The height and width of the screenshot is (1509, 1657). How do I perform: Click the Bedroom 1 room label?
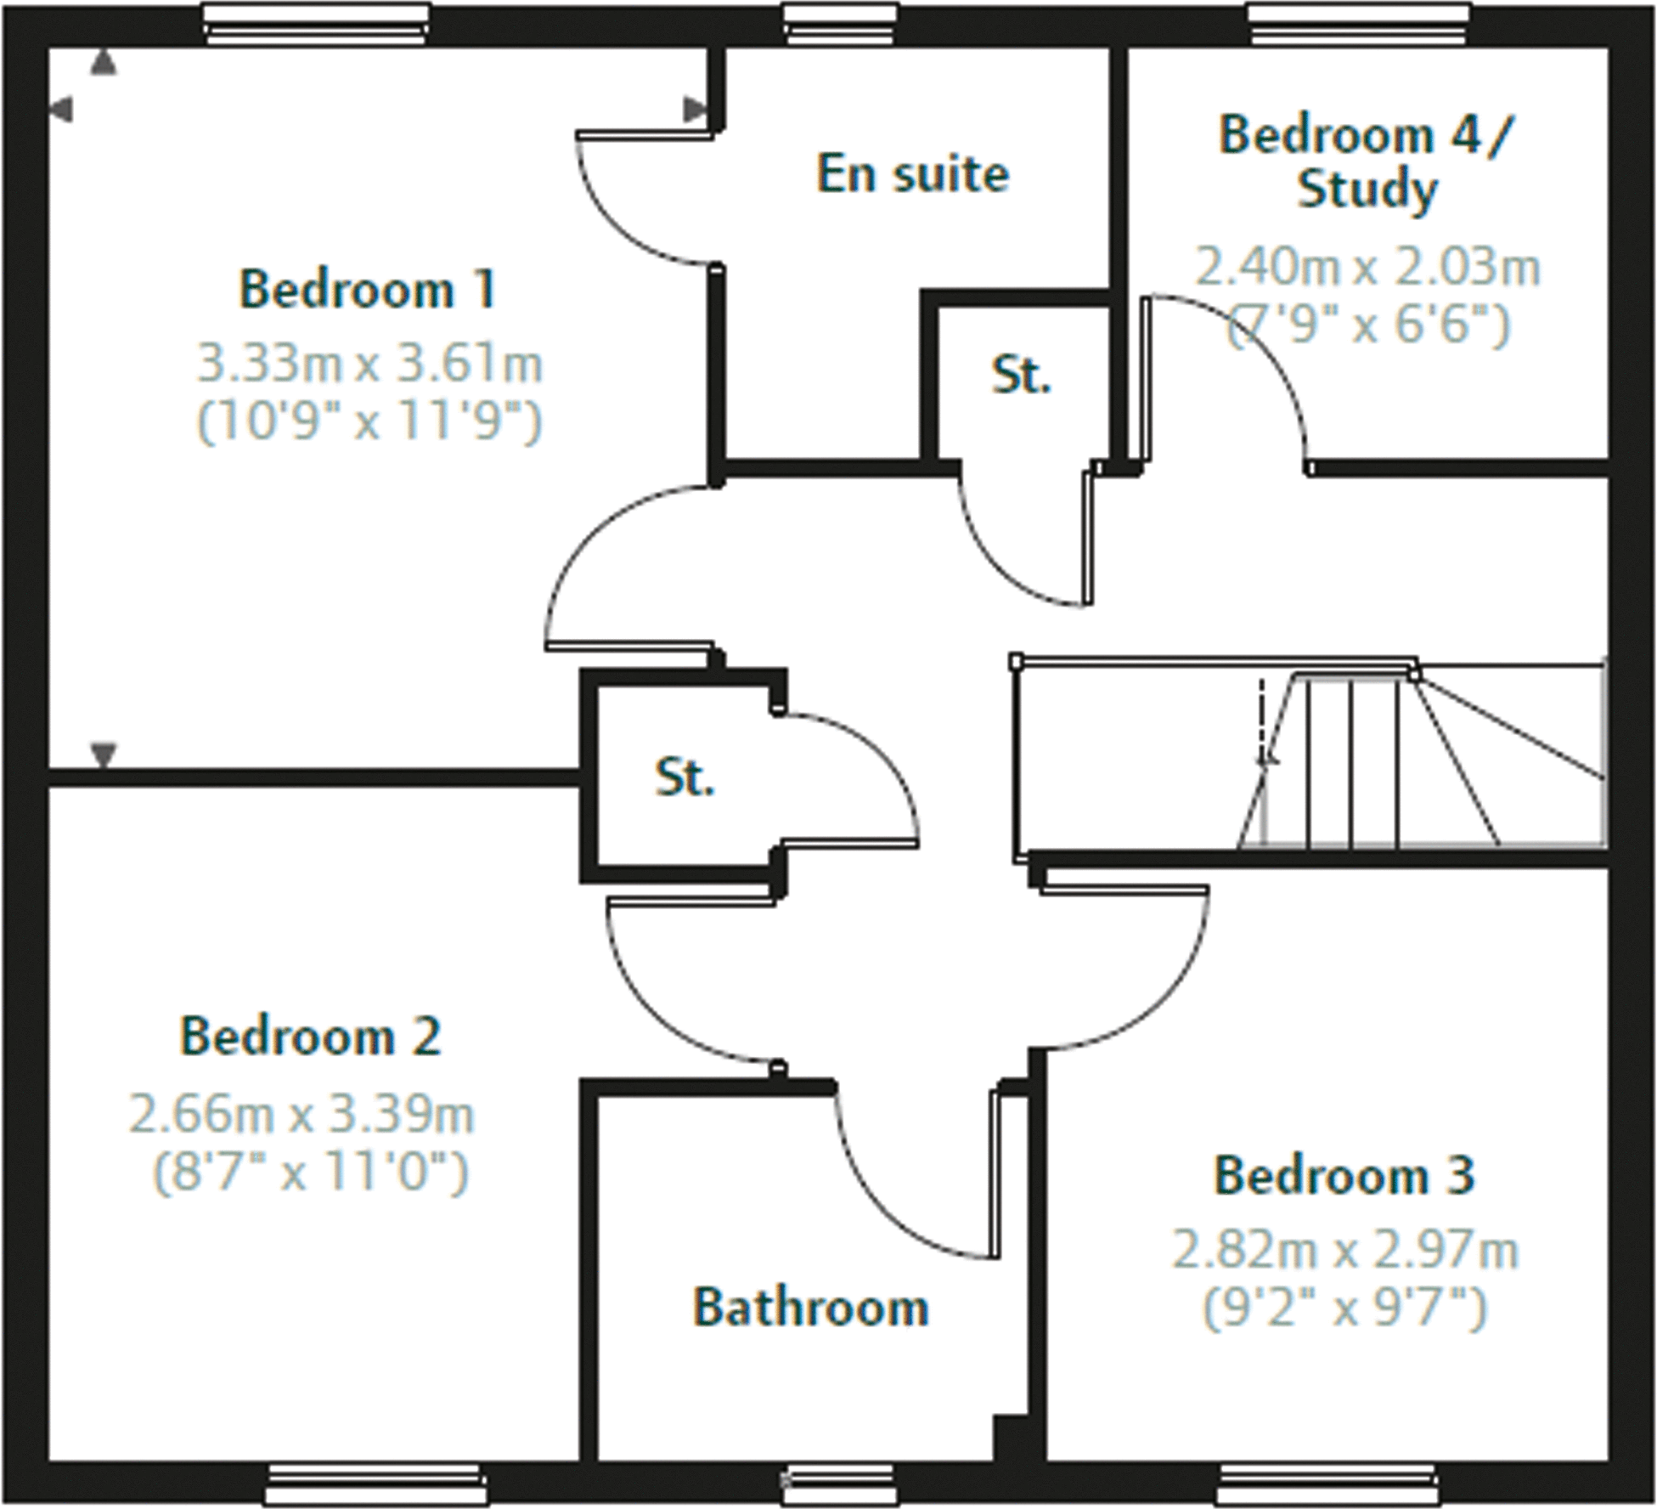367,290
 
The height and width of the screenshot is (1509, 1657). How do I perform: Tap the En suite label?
913,174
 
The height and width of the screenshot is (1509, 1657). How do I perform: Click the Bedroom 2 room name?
311,1037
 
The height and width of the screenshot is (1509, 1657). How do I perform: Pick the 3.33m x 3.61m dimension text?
369,364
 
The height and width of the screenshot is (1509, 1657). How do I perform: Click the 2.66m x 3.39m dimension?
302,1114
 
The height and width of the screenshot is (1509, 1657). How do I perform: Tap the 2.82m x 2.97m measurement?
1344,1250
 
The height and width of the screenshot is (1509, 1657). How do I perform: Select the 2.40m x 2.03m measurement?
1367,268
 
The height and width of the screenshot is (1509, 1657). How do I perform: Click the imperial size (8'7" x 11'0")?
310,1173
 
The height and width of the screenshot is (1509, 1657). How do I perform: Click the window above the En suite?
840,24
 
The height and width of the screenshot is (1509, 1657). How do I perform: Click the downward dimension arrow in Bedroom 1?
104,754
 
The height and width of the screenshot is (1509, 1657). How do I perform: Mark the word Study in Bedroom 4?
1367,190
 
